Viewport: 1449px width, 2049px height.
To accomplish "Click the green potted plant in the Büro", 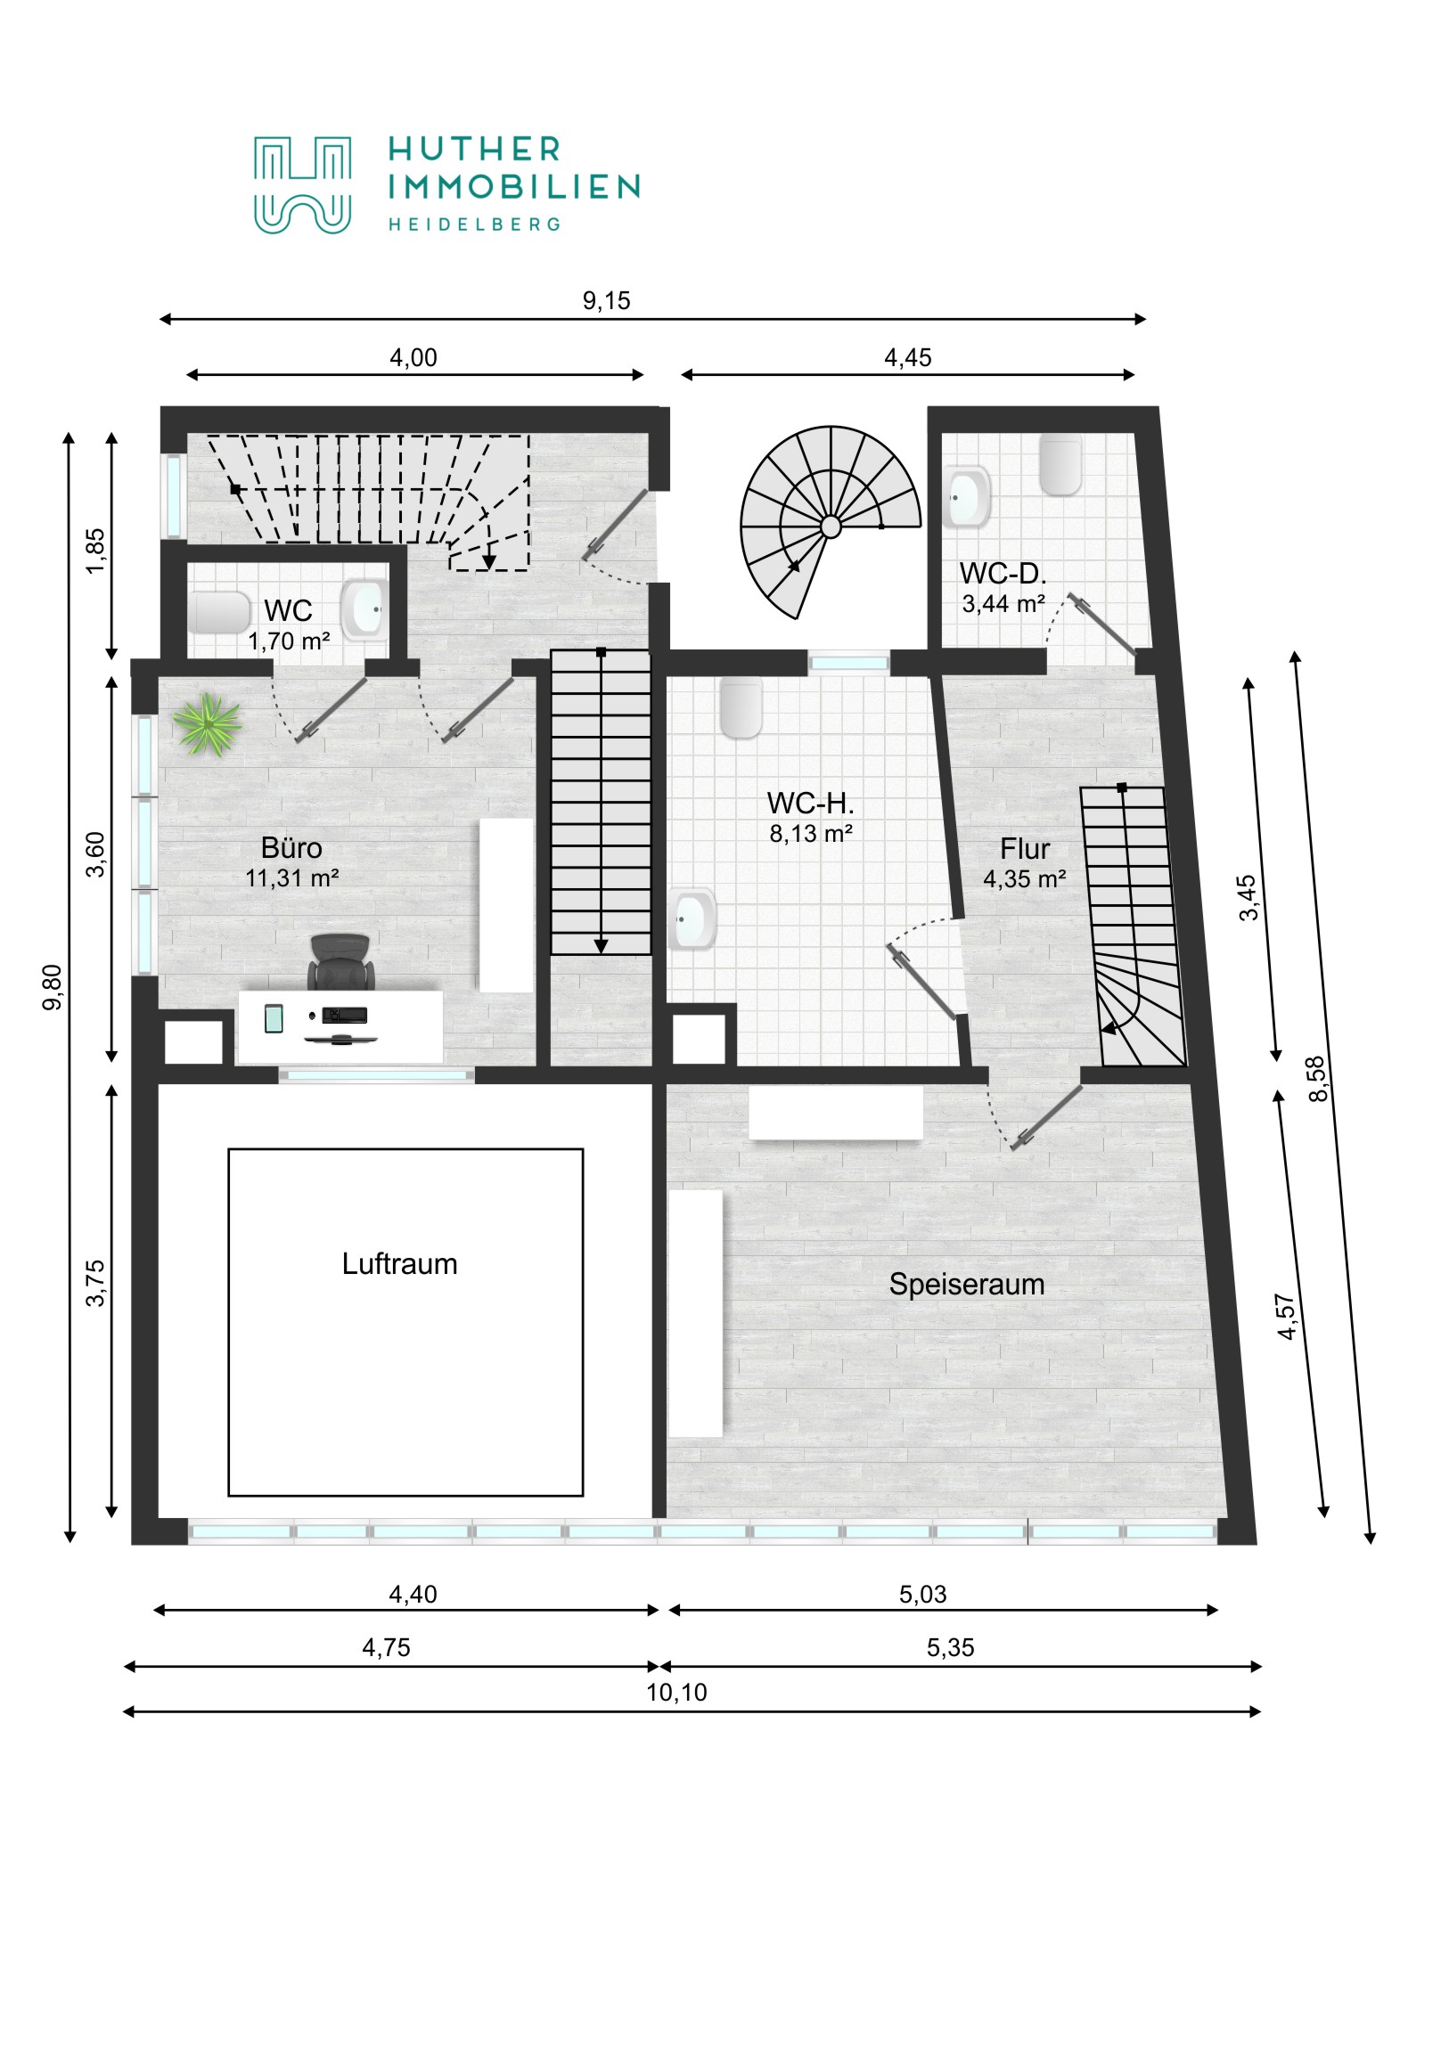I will (x=207, y=723).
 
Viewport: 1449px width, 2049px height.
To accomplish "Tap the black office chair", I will (x=340, y=962).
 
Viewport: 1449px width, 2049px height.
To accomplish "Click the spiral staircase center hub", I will (x=831, y=527).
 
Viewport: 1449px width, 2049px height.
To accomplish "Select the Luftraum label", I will (x=399, y=1263).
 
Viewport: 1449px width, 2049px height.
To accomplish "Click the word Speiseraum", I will (x=966, y=1285).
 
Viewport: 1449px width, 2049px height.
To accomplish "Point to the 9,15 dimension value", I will (x=606, y=301).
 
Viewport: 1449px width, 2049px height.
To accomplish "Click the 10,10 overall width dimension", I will (x=675, y=1692).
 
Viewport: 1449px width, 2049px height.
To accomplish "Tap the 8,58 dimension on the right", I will (x=1317, y=1079).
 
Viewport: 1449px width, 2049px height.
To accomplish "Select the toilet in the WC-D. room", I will (x=1060, y=465).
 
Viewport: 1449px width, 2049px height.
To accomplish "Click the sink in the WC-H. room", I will (x=692, y=918).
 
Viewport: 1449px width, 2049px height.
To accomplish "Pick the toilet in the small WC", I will (x=217, y=612).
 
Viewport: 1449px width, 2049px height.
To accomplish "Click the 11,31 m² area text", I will (x=292, y=878).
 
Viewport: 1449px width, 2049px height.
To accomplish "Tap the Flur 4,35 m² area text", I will (x=1024, y=879).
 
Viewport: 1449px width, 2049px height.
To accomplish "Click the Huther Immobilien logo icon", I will (x=302, y=184).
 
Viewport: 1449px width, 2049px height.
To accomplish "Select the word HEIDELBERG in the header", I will (x=474, y=224).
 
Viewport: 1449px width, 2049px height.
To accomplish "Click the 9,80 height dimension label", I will (x=53, y=987).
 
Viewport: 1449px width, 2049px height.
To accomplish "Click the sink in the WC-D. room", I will (x=966, y=497).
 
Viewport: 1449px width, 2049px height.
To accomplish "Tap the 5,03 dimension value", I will (x=922, y=1594).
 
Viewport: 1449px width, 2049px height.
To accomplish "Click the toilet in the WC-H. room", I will (x=741, y=706).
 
